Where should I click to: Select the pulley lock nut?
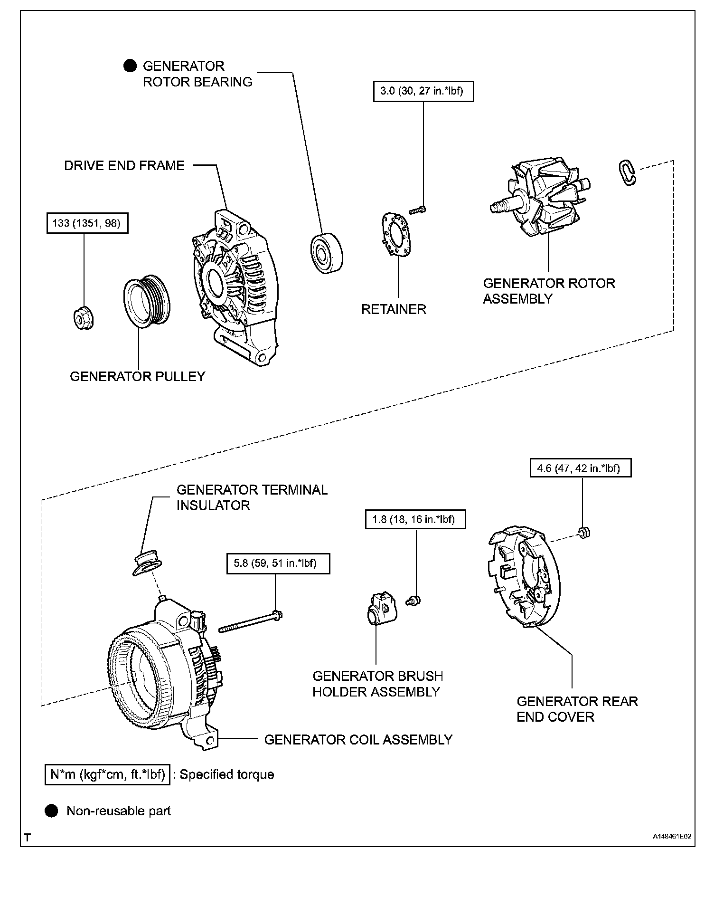click(84, 317)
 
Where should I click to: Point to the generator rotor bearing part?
click(327, 253)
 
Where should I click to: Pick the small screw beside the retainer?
click(417, 210)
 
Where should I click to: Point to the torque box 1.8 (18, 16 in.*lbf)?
click(415, 519)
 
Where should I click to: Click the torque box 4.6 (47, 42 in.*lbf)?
click(581, 468)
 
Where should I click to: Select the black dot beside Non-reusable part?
click(51, 811)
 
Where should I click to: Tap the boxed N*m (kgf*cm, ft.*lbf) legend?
click(107, 775)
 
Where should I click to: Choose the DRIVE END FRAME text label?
click(124, 166)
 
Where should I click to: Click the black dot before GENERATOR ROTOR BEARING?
click(130, 66)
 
